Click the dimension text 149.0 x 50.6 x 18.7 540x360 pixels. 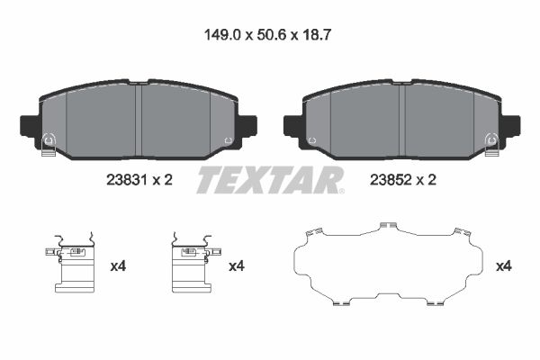(x=267, y=35)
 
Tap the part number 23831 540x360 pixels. (x=127, y=180)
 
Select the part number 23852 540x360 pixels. (x=391, y=180)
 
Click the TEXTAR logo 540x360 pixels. (x=270, y=180)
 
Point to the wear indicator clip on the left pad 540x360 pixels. (x=49, y=144)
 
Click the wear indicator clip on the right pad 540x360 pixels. (x=491, y=144)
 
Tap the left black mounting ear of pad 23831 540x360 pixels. (x=31, y=126)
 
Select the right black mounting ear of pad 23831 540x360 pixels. (x=247, y=126)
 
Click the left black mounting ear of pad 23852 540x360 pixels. (x=293, y=126)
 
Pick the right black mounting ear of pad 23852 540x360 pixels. (x=510, y=126)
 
